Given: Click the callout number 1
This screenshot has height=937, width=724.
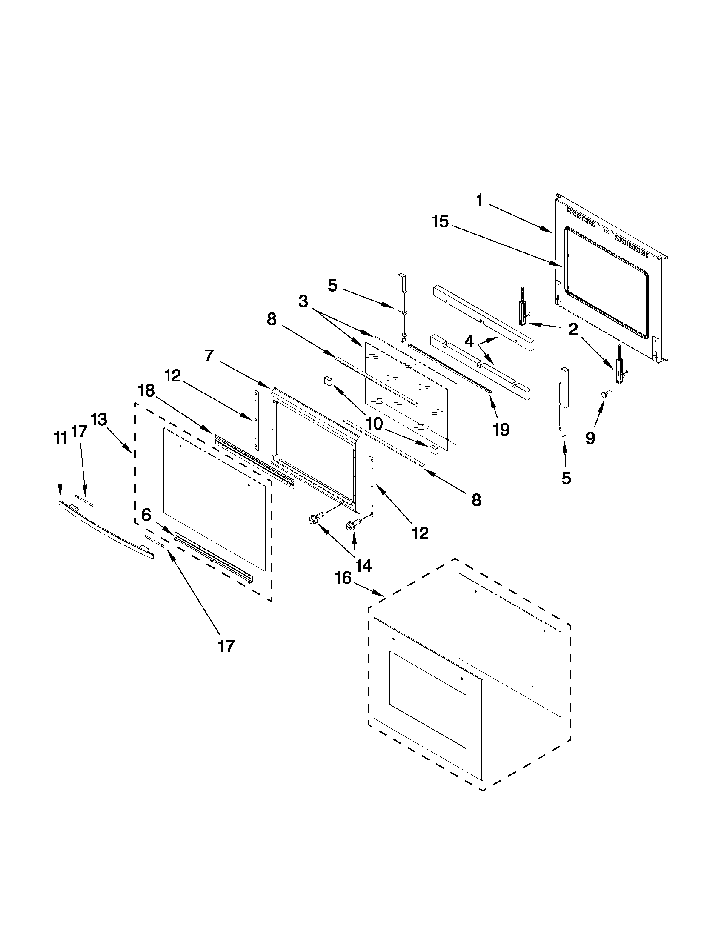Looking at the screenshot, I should coord(479,201).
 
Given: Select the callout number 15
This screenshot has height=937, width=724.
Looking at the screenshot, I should coord(440,222).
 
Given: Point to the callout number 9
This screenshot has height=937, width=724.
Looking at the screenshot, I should coord(590,438).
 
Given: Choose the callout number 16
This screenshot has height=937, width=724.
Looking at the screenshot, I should coord(343,578).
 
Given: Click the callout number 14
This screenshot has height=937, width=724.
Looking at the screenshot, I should coord(363,566).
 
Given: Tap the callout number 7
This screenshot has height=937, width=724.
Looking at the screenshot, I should coord(209,355).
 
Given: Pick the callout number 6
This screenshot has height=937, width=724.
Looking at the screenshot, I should coord(146,514).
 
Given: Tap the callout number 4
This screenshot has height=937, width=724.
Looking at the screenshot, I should coord(469,342).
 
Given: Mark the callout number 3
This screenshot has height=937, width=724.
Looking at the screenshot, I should coord(303,301).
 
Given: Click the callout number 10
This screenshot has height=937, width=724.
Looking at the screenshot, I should coord(374,424).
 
